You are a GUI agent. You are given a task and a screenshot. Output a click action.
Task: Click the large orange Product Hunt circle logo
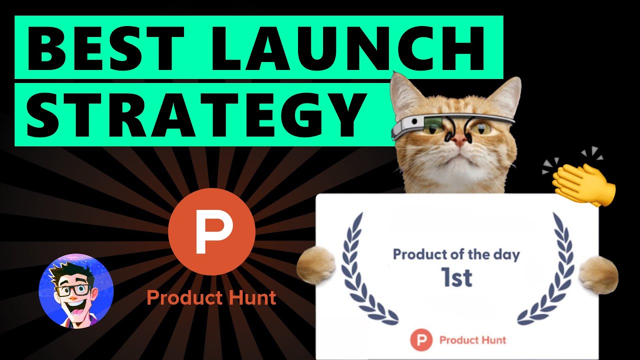click(211, 231)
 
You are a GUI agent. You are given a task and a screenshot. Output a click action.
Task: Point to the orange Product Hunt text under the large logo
click(211, 298)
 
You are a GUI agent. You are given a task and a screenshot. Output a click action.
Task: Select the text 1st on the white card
click(456, 277)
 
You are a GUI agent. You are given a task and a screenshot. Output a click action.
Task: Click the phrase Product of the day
click(456, 254)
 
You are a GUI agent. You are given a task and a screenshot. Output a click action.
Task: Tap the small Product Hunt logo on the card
click(420, 340)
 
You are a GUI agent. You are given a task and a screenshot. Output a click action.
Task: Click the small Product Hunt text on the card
click(472, 340)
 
